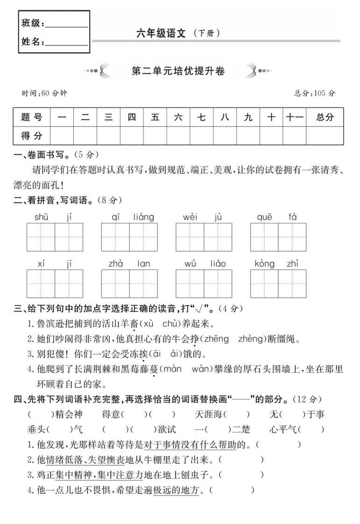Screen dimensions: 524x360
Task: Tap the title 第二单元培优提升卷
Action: [x=179, y=71]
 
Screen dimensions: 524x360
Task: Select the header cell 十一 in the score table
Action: [x=294, y=117]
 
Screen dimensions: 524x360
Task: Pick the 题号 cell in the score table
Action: [x=32, y=117]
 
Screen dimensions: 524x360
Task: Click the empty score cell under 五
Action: [x=155, y=136]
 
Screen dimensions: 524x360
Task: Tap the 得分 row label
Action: [x=32, y=136]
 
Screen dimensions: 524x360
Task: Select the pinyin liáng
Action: [x=143, y=217]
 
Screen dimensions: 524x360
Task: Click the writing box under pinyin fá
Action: [x=292, y=237]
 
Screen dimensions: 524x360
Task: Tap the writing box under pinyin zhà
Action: [x=115, y=283]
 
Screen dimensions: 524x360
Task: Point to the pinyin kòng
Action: [x=265, y=264]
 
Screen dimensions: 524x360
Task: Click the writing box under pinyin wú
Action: [x=190, y=283]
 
